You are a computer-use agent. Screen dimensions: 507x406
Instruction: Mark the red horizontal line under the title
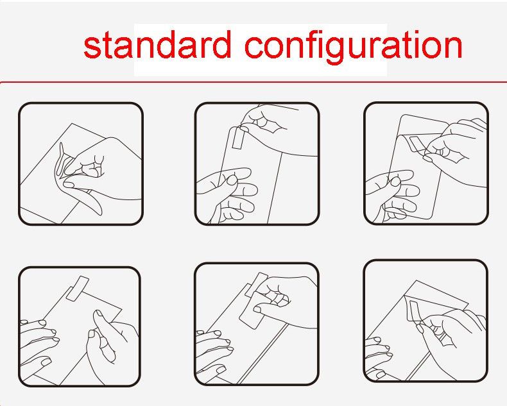[253, 82]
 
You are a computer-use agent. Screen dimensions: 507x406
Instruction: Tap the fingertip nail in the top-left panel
[69, 185]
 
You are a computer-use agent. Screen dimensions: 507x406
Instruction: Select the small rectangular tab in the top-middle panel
[237, 138]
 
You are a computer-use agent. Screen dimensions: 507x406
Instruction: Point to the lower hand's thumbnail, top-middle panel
[232, 180]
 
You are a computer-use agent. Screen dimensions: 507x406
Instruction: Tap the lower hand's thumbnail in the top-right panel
[395, 182]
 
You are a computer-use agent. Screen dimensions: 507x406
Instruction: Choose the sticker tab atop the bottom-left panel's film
[77, 288]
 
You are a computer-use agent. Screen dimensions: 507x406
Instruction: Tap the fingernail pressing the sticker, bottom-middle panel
[257, 310]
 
